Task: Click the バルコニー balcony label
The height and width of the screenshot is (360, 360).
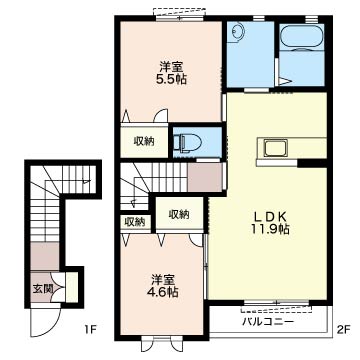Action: tap(267, 321)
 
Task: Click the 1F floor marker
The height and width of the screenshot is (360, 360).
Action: tap(89, 328)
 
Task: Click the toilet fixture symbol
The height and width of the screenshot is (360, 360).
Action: tap(186, 142)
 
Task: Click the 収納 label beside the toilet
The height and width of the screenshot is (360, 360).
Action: tap(144, 141)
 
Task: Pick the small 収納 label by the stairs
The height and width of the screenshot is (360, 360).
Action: tap(134, 221)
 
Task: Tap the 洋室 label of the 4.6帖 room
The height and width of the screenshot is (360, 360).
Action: tap(164, 278)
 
